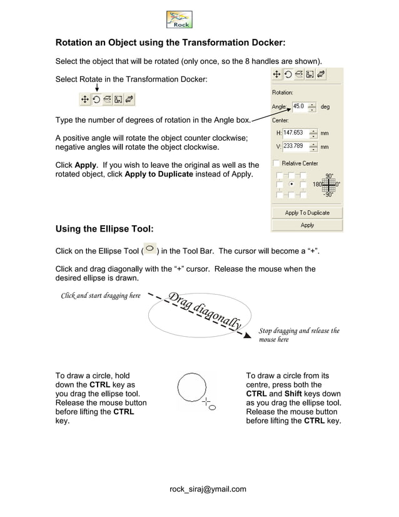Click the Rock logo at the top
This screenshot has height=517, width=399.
pos(179,19)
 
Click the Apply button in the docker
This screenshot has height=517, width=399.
pos(307,225)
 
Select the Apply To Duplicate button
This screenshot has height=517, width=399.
pos(307,213)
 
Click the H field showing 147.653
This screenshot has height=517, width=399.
pos(295,133)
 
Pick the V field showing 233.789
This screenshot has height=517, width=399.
pos(295,146)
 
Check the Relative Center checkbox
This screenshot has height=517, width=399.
pos(277,163)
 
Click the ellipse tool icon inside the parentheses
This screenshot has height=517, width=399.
pos(149,249)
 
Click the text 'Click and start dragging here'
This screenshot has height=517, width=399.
pos(100,295)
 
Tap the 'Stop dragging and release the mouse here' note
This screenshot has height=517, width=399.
pos(298,335)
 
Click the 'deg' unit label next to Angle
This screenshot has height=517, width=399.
pos(325,107)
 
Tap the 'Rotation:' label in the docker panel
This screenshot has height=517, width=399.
pos(283,93)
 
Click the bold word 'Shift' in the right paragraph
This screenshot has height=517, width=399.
pos(293,394)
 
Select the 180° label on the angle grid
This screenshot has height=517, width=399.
pos(317,185)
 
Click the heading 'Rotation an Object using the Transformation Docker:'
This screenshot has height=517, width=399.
pos(170,43)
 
